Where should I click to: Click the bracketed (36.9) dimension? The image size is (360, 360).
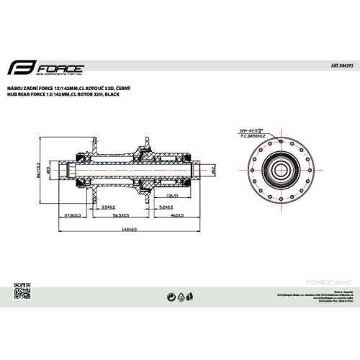pyautogui.click(x=172, y=194)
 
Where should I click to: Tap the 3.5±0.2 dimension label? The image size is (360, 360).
pyautogui.click(x=109, y=207)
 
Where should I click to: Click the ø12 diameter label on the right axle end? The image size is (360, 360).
pyautogui.click(x=213, y=170)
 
